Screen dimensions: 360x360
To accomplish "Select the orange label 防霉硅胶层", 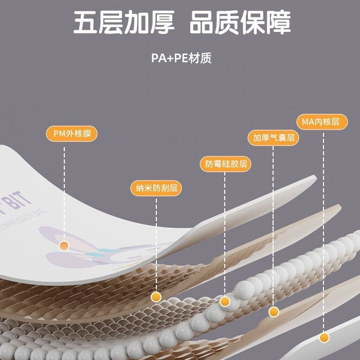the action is [x=225, y=164].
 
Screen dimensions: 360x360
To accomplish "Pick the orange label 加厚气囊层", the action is [x=273, y=137].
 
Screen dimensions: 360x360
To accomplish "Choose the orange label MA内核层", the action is [x=322, y=122].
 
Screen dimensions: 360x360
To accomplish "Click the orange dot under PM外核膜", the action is [x=64, y=246].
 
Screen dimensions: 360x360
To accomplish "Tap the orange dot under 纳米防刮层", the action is [x=156, y=297].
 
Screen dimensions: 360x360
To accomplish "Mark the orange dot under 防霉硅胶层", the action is [x=225, y=301].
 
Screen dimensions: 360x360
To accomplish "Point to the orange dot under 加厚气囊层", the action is [x=274, y=312].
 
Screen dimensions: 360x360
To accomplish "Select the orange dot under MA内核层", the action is [x=324, y=337].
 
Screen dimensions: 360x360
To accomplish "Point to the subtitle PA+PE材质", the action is [x=181, y=58].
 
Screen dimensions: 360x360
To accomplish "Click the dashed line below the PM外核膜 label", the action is [x=64, y=190].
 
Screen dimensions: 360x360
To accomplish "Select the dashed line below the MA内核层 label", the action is [x=323, y=231].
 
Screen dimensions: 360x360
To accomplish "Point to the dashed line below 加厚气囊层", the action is [x=274, y=226].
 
